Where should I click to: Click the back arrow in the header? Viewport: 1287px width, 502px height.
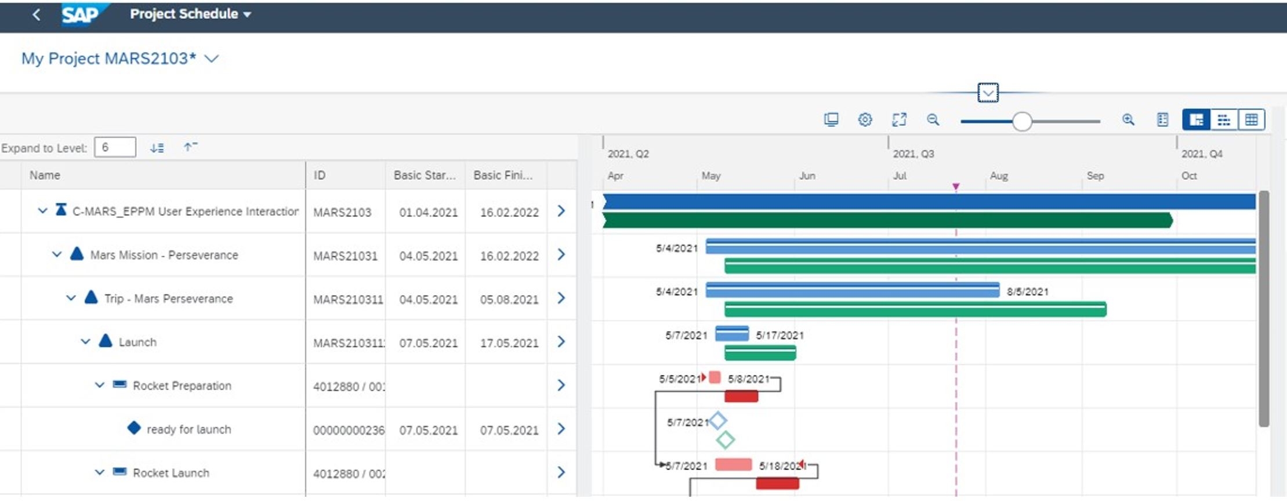[37, 14]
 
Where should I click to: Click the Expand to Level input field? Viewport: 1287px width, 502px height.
[115, 147]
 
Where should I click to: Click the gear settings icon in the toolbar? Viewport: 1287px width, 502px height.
[865, 120]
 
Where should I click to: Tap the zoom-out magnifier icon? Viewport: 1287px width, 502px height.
[933, 120]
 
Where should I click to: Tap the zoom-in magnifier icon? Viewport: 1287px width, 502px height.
[1128, 120]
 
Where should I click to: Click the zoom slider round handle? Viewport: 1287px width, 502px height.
[1022, 122]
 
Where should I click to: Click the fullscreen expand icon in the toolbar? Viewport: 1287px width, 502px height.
[899, 120]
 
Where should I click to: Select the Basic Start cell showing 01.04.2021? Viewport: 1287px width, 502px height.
[428, 212]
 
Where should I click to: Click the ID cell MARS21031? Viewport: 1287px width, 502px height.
[345, 256]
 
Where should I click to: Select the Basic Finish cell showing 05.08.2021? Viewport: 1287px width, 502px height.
[509, 299]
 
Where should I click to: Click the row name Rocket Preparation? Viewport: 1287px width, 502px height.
[182, 385]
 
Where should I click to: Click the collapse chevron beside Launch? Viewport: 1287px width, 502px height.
[85, 341]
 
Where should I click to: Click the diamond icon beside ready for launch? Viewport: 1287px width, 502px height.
[134, 428]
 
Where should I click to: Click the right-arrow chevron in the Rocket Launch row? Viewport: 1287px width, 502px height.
[561, 472]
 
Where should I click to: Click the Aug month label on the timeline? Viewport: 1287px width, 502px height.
[999, 176]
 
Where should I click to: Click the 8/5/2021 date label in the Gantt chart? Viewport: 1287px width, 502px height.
[1027, 292]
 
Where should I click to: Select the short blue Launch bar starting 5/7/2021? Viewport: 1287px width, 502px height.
[732, 333]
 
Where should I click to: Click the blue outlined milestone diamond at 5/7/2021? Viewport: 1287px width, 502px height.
[718, 420]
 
